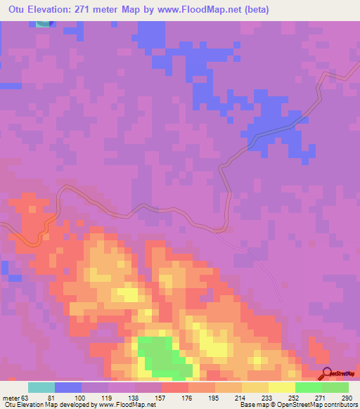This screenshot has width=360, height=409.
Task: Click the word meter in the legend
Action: click(10, 398)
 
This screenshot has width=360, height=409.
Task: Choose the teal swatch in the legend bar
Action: click(41, 387)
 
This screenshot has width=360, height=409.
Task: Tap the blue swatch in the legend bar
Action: click(68, 387)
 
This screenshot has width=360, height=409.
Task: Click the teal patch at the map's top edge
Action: click(44, 24)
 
